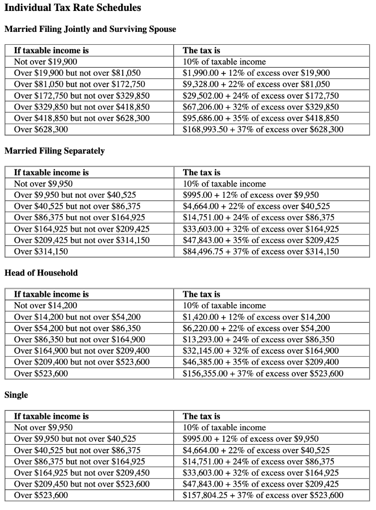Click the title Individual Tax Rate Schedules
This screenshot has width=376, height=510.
tap(72, 8)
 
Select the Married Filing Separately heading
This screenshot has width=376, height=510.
tap(54, 150)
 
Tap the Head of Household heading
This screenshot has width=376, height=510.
tap(41, 272)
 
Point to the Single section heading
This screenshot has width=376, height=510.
tap(16, 394)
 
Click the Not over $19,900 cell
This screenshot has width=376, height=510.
tap(45, 62)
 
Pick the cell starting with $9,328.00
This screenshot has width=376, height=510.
tap(256, 85)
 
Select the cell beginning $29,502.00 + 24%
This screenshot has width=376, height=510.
tap(261, 96)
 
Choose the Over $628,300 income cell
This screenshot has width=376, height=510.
tap(41, 129)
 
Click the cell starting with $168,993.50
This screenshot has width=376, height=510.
tap(263, 129)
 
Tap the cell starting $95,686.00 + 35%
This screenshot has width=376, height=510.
tap(261, 119)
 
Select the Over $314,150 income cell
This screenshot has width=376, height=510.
tap(41, 252)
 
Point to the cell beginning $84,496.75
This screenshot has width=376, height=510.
tap(261, 252)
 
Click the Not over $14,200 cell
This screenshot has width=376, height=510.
tap(45, 305)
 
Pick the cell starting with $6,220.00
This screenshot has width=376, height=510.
tap(256, 328)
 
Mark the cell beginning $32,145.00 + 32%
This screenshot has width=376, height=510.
tap(261, 351)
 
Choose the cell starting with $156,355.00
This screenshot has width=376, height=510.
tap(263, 374)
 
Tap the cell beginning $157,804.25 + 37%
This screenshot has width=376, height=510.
tap(263, 495)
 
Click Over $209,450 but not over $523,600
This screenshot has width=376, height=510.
tap(82, 484)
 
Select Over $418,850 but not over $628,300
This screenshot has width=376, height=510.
tap(82, 119)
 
